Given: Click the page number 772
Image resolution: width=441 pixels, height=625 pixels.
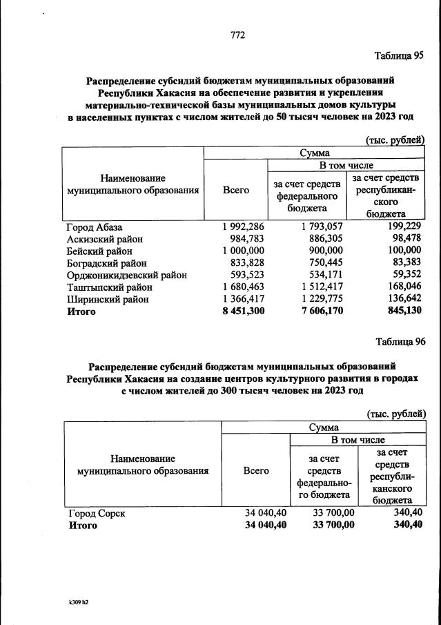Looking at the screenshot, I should pos(238,35).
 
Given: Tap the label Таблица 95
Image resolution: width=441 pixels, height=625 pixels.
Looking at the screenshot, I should pos(398,56).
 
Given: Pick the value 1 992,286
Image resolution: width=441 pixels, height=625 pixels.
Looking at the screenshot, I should pos(244,227).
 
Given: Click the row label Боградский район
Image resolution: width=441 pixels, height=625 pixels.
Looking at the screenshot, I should pos(106,262).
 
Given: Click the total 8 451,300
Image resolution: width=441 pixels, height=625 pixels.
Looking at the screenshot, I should pos(244,311).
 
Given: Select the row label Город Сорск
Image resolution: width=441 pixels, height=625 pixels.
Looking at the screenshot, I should pos(97,514).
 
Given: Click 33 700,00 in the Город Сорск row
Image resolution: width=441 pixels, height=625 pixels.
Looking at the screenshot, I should pos(334,514).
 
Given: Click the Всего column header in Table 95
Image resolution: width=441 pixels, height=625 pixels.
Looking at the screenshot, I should pos(236,190).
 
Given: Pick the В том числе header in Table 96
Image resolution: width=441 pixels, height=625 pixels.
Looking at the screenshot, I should pos(357,439).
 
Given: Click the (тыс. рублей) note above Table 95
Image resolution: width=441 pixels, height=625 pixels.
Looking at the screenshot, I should pos(395,140).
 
